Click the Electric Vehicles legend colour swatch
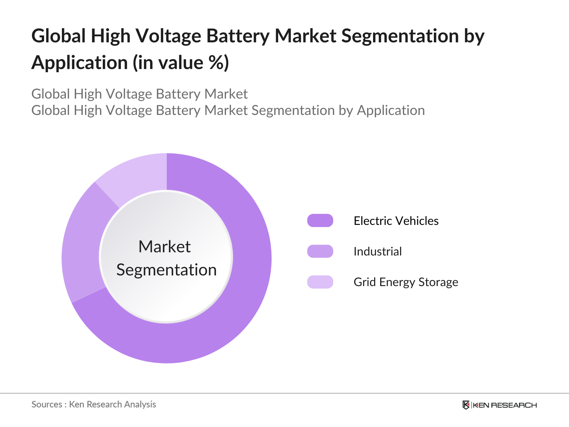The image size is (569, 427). pos(320,221)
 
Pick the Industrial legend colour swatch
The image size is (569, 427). pos(320,251)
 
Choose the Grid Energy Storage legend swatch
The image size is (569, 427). pos(320,282)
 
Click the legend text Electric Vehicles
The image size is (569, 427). pos(396,221)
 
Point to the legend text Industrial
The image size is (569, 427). pos(377,251)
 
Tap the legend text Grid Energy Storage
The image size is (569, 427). pos(405,282)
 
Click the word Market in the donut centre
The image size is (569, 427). pos(164,247)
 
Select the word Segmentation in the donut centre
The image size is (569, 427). pos(166,270)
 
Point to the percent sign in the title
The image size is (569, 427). pos(216,63)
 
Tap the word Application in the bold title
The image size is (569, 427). pos(79,63)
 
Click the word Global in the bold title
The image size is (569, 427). pos(59,36)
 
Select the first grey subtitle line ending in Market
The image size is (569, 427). pos(139,94)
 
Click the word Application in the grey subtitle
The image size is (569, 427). pos(390,110)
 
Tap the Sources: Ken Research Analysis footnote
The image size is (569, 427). pos(94,404)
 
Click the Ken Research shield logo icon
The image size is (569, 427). pos(466,405)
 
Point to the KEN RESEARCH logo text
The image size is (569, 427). pos(505,405)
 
